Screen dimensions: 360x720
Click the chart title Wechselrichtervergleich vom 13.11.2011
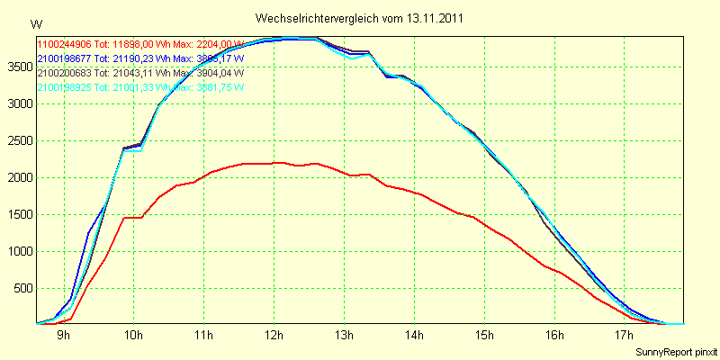(x=361, y=18)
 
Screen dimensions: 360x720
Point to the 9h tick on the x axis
(x=64, y=336)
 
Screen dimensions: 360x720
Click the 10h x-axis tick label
(x=133, y=336)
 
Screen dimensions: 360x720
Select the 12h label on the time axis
(x=274, y=336)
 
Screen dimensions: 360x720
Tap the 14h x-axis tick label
(x=414, y=336)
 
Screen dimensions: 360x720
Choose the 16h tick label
(x=554, y=336)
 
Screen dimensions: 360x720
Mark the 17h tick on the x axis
(x=625, y=336)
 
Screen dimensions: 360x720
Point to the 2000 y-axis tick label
(x=18, y=177)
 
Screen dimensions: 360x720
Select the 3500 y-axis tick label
(x=18, y=67)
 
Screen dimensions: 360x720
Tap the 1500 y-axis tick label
(x=18, y=214)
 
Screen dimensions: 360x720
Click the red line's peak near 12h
(x=279, y=162)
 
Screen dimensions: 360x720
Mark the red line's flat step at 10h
(x=133, y=217)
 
